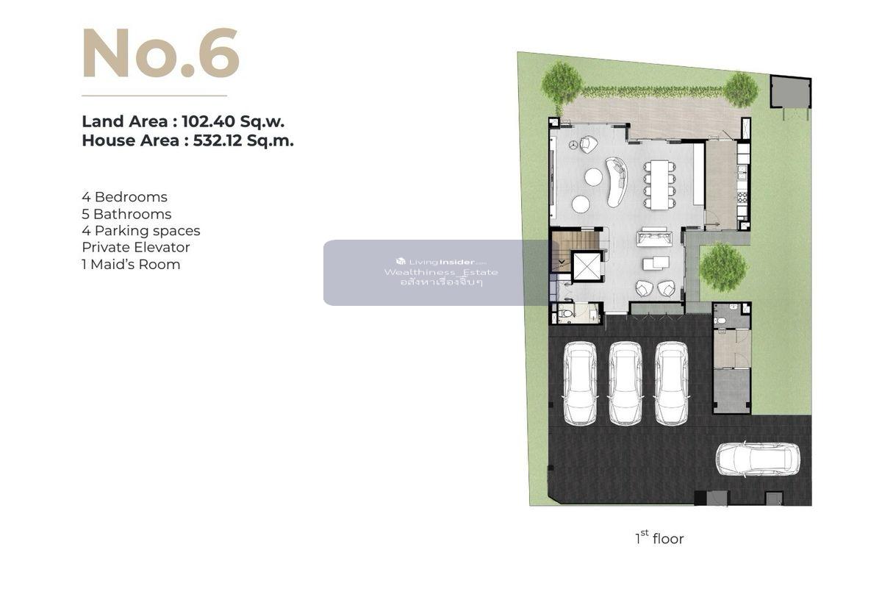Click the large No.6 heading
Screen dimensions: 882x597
pos(161,53)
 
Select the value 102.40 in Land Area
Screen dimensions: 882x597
pos(208,121)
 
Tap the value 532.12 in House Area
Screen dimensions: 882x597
pos(218,140)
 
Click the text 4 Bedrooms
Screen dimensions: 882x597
pos(124,197)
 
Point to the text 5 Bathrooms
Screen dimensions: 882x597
pos(126,214)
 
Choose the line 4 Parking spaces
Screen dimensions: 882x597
pos(141,231)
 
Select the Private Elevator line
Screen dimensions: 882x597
pos(136,247)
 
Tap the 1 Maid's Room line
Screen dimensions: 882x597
pos(131,264)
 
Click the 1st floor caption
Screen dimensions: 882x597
pos(659,538)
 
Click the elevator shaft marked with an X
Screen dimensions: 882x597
pos(587,267)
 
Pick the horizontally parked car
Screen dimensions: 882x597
pos(758,460)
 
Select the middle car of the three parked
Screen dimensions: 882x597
pos(625,383)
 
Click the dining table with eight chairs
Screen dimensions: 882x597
pos(660,185)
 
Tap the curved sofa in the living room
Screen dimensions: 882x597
pos(616,182)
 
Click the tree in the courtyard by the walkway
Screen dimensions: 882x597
pos(723,267)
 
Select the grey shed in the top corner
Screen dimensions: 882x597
pos(790,92)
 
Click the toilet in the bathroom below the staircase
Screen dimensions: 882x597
pos(565,314)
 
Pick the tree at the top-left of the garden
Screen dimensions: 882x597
pos(561,84)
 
